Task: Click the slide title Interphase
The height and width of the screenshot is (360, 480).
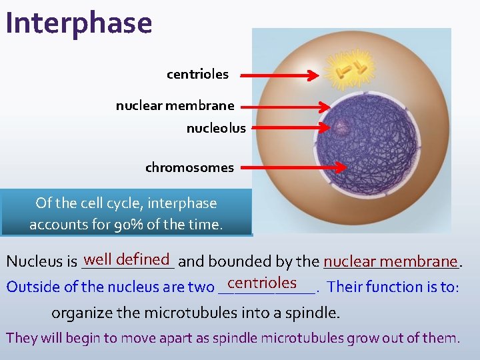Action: pos(79,23)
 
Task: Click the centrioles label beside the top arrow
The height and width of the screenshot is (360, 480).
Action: pos(197,75)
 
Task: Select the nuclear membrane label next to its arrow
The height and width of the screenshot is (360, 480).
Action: pos(175,105)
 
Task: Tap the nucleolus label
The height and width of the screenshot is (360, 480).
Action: pos(215,128)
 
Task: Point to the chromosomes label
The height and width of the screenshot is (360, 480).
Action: pos(189,168)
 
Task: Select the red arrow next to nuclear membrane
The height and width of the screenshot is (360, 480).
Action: pos(285,106)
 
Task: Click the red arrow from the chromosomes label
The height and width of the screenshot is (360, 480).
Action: pos(293,168)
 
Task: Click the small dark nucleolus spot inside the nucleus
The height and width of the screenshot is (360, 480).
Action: pos(343,127)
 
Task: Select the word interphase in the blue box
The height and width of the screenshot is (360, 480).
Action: pos(184,203)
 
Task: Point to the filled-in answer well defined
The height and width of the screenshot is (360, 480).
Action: pos(128,259)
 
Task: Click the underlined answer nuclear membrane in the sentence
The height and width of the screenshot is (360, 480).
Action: pos(391,261)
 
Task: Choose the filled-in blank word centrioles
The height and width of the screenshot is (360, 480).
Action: pos(261,283)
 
